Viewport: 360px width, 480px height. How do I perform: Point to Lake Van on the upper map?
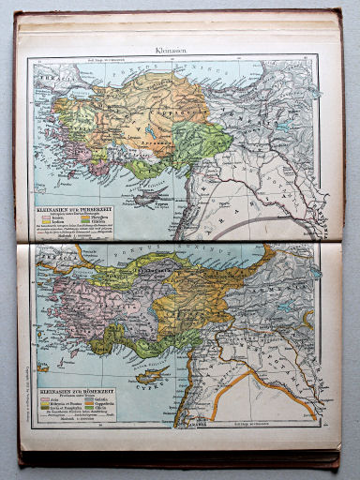point(284,123)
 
